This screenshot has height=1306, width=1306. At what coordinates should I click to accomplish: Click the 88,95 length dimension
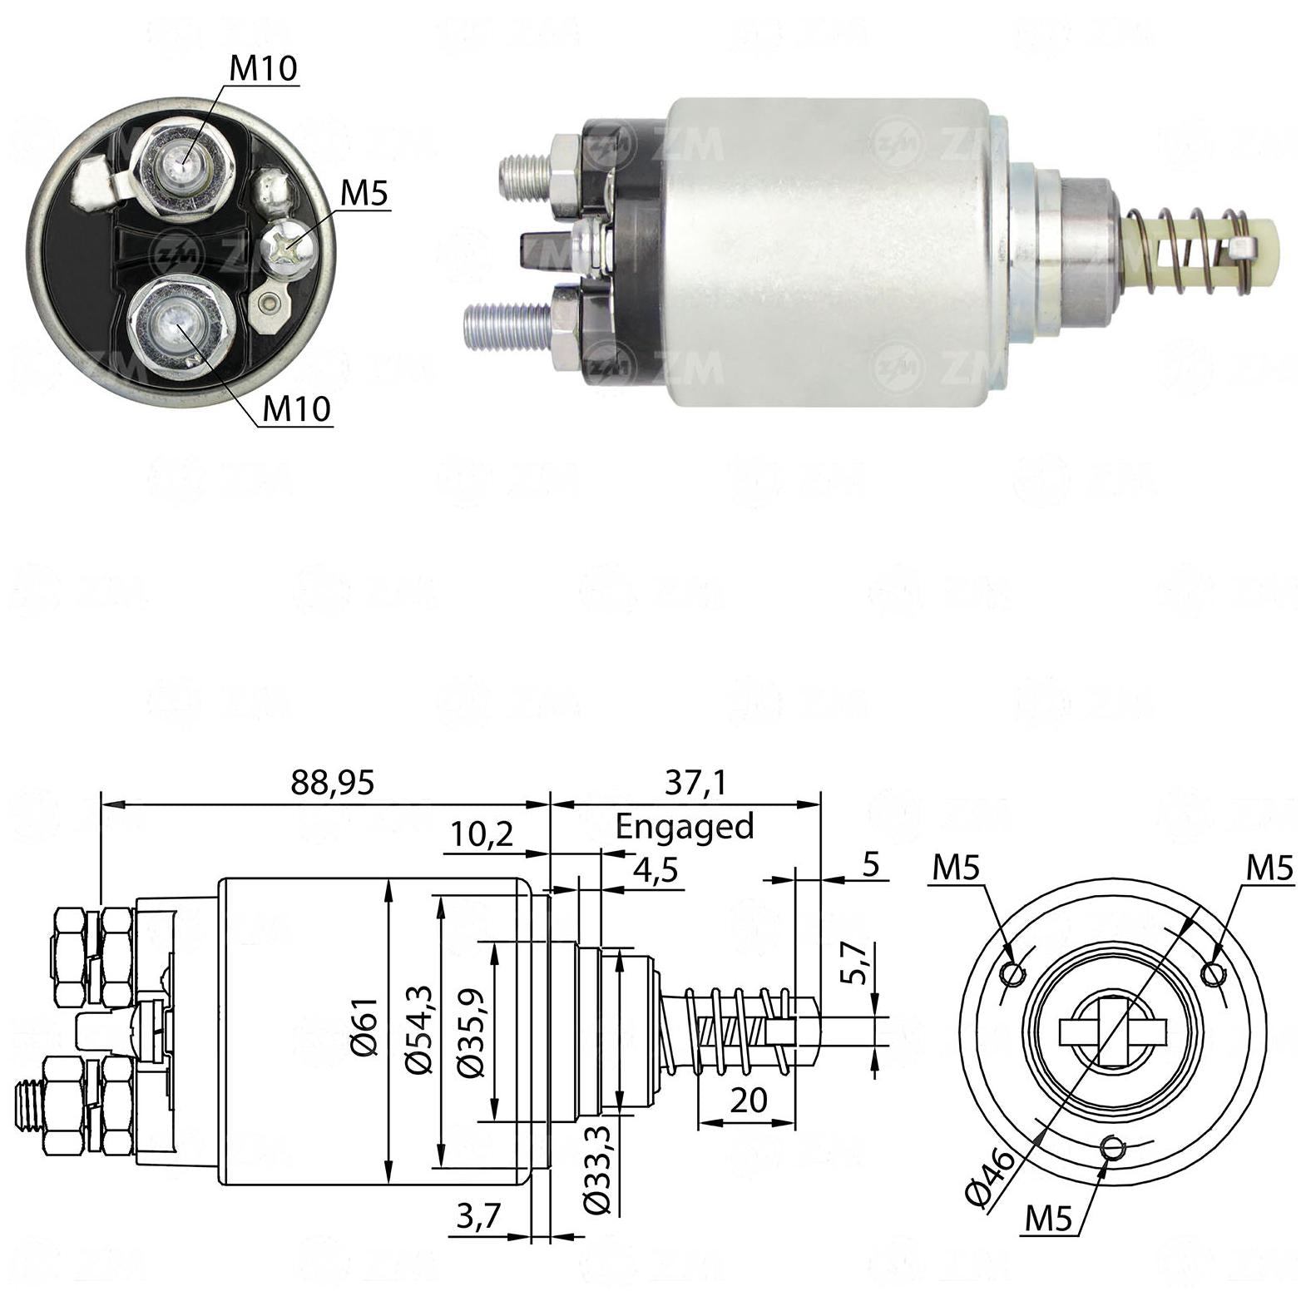coord(333,782)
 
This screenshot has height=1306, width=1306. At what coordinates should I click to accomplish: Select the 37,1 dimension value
coord(695,782)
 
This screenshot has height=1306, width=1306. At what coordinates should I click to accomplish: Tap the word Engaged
coord(684,827)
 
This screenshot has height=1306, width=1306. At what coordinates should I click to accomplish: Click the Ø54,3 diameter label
coord(419,1027)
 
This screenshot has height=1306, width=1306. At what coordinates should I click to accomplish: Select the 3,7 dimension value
coord(478,1217)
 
